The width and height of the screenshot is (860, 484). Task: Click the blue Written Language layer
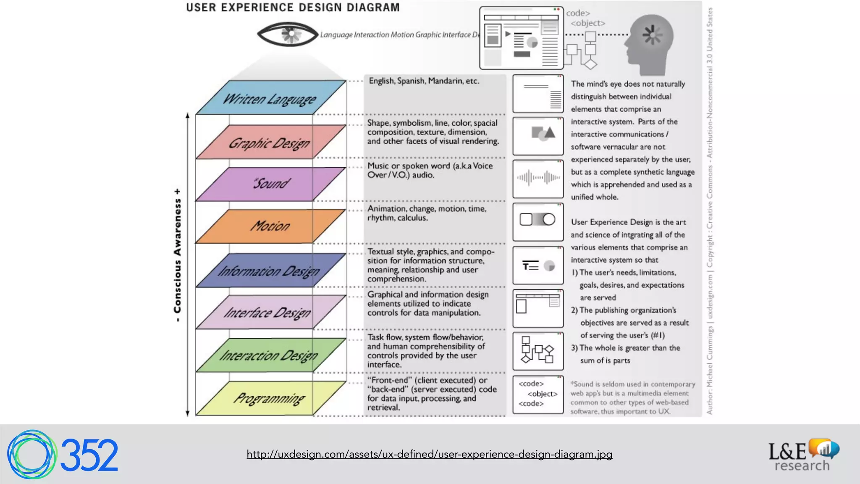click(270, 98)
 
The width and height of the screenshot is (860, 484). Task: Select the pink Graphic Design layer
click(270, 142)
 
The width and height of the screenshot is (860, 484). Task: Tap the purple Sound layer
click(270, 184)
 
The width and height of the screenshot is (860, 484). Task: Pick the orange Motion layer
click(270, 226)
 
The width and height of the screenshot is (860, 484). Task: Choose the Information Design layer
click(270, 270)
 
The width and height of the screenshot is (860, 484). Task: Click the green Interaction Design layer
click(270, 355)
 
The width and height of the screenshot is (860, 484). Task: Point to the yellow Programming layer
click(270, 398)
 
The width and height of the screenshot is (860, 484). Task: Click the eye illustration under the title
click(288, 34)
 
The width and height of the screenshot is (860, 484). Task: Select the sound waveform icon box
click(538, 179)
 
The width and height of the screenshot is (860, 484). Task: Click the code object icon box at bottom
click(538, 394)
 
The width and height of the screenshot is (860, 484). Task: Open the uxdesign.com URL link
click(429, 454)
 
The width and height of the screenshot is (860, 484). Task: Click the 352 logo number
click(89, 455)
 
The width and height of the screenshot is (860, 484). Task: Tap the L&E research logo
click(803, 455)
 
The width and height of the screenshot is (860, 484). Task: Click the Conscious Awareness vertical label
click(178, 255)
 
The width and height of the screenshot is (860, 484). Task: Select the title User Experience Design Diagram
click(293, 8)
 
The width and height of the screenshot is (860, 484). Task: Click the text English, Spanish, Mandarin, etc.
click(424, 81)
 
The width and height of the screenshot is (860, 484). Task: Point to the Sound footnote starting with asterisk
click(632, 397)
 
